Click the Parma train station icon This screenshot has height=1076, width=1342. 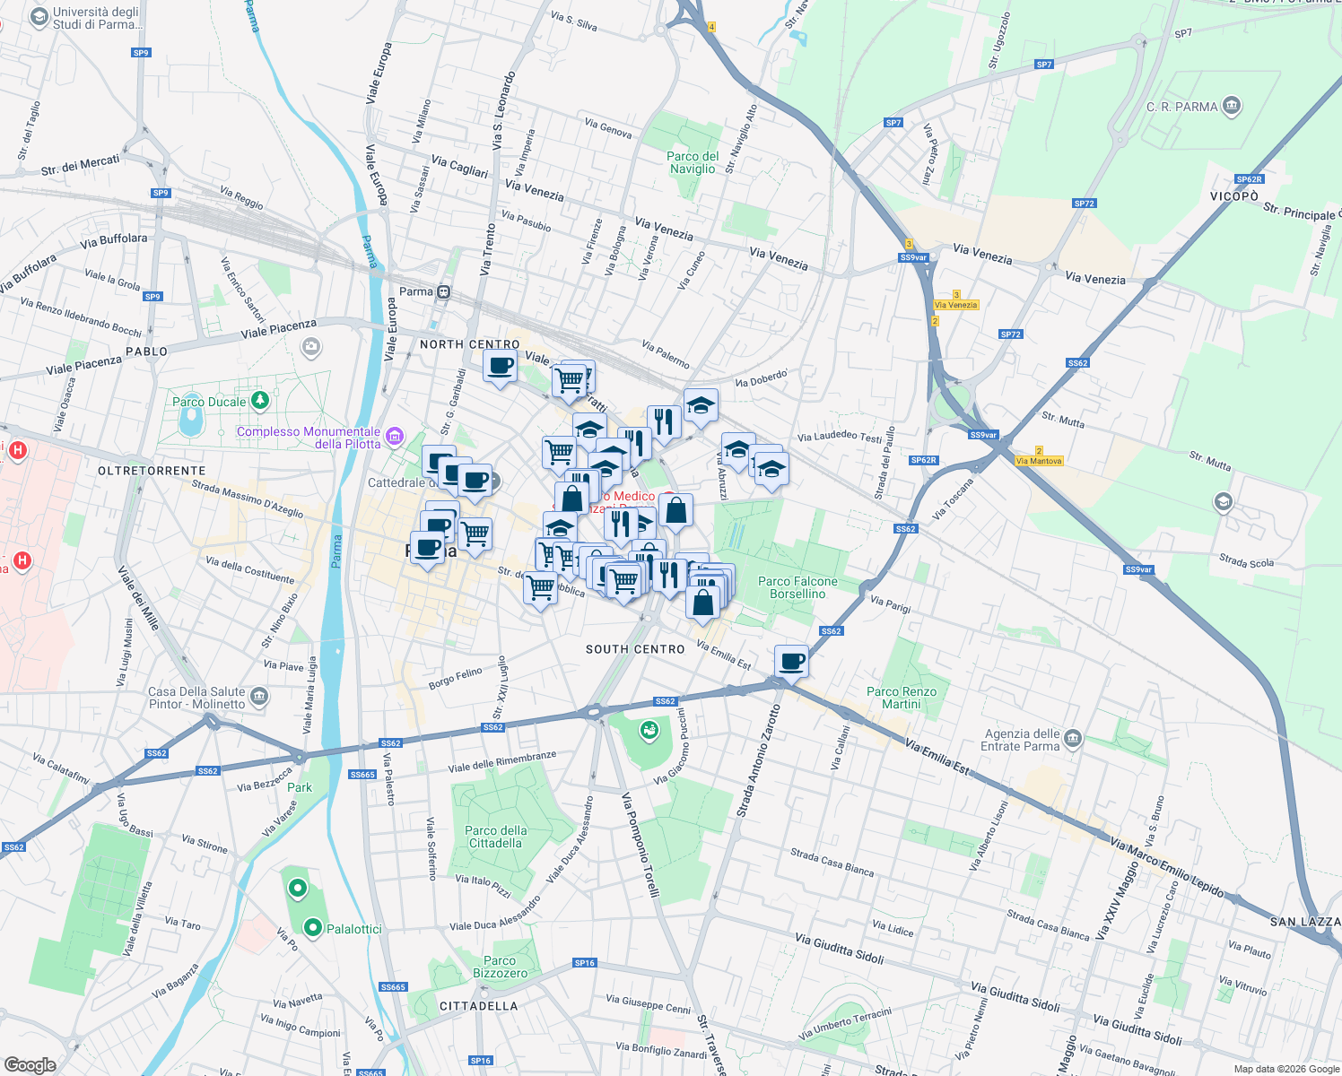(x=444, y=291)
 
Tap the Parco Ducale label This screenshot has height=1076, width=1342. (x=209, y=402)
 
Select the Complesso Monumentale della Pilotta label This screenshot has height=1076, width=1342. (x=309, y=438)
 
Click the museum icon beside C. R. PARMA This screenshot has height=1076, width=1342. (x=1232, y=107)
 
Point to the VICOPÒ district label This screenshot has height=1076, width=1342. (x=1234, y=196)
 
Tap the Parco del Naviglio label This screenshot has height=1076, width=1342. (x=693, y=162)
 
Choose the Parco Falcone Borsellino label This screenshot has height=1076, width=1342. (x=797, y=587)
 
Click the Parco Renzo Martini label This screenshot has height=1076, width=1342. (x=902, y=698)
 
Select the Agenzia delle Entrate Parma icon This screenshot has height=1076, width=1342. (x=1073, y=740)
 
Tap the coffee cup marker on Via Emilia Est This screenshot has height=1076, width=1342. (x=791, y=662)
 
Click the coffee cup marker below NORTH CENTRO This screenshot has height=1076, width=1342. (x=500, y=366)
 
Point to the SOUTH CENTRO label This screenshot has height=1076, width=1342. (x=635, y=649)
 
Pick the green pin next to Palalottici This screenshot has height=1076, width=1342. (x=313, y=928)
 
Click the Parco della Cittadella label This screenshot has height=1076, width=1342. (x=496, y=837)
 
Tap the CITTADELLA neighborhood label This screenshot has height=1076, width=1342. (x=479, y=1006)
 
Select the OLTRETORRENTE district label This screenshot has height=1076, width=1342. (x=152, y=471)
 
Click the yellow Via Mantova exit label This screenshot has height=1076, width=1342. (x=1039, y=461)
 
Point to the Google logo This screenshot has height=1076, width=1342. (x=30, y=1064)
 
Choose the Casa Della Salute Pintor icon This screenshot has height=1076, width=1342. (x=259, y=696)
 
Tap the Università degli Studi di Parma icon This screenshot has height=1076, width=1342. (x=39, y=18)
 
